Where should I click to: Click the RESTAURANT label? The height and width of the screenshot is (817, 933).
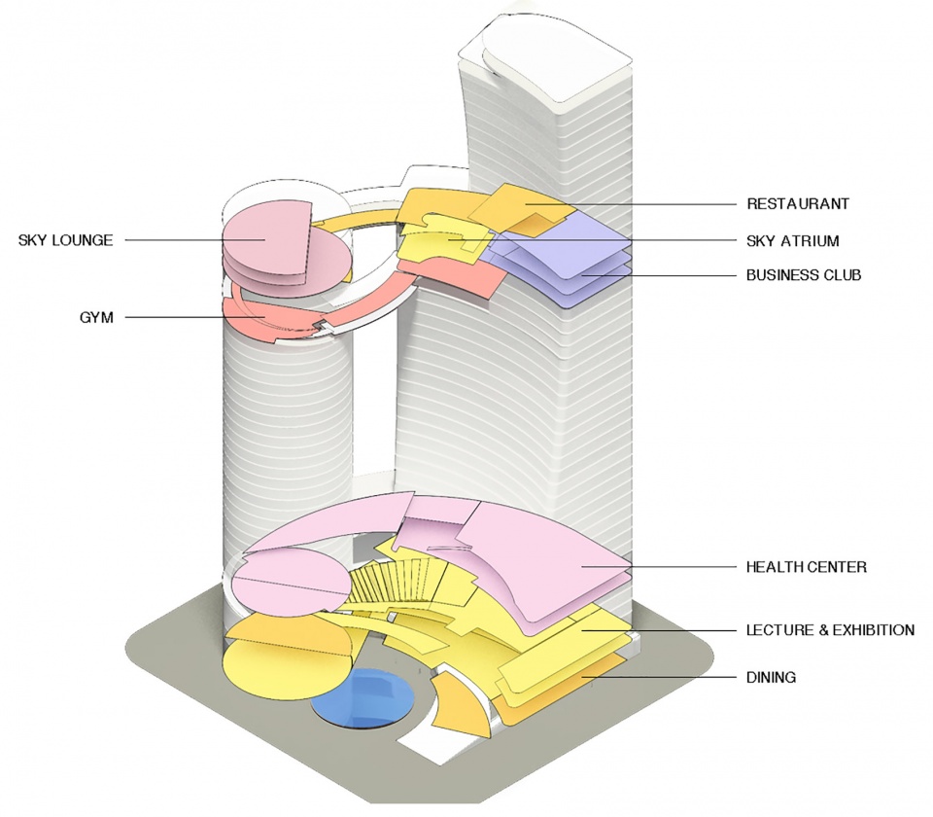click(798, 204)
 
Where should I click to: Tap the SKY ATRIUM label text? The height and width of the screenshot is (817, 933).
click(793, 240)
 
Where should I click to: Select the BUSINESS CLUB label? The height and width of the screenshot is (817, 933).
click(804, 275)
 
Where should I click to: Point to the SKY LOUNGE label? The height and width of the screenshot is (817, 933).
click(65, 240)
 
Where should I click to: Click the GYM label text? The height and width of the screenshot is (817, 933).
click(95, 317)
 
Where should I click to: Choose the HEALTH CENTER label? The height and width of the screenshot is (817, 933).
click(806, 567)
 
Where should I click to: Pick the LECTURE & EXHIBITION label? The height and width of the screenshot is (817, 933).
click(830, 630)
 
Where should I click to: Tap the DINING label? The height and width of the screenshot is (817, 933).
click(771, 677)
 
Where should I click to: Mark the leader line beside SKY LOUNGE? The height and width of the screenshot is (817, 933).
click(185, 240)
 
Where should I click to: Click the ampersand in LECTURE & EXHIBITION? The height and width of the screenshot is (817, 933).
click(825, 630)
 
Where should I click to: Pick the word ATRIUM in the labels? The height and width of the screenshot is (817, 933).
click(811, 240)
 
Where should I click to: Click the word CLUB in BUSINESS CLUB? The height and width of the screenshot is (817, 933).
click(842, 275)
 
